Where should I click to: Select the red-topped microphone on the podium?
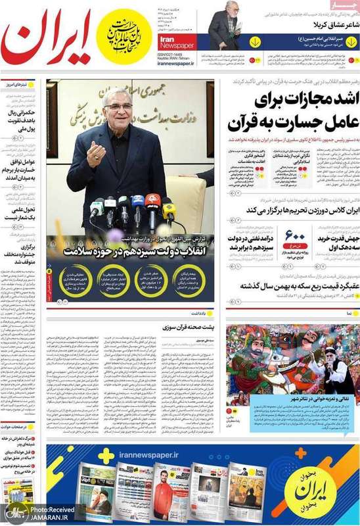[x=150, y=201]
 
